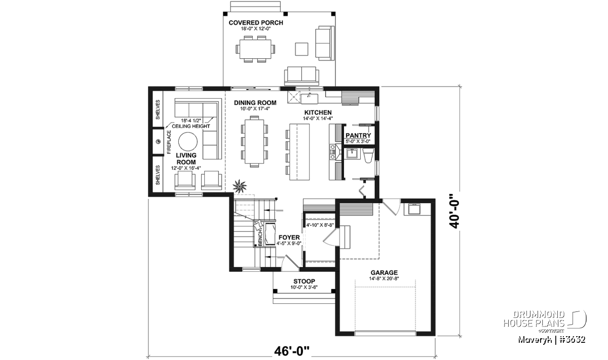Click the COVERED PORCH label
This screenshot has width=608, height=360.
(256, 23)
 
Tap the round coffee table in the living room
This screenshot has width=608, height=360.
(188, 142)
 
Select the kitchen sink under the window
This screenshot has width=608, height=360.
(309, 98)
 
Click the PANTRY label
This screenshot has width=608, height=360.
(358, 135)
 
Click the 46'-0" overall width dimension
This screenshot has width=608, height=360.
(291, 351)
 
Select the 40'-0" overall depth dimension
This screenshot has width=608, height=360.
(454, 211)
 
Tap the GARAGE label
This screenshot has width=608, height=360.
(384, 272)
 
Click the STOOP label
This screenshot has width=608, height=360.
(304, 282)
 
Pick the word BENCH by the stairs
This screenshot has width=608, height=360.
(260, 238)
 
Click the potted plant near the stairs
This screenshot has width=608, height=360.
(240, 186)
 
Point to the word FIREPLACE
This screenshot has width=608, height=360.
(169, 142)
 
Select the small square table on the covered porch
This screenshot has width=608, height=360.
(301, 49)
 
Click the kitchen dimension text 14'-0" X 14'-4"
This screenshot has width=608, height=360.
(318, 118)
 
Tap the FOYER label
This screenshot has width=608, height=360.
(289, 237)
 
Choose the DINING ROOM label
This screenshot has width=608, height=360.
(255, 103)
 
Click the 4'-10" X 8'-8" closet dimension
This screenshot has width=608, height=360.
(320, 225)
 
